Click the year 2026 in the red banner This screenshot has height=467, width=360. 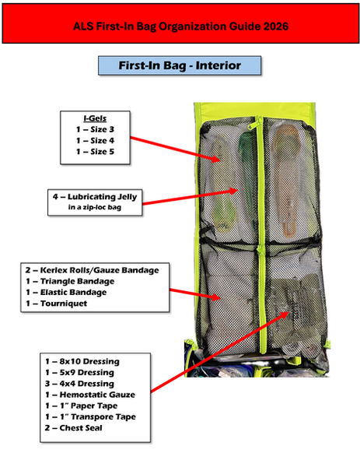coord(276,26)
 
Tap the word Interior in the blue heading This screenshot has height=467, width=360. coord(218,65)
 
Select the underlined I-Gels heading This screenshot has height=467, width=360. coord(95,118)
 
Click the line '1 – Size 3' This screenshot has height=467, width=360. coord(95,129)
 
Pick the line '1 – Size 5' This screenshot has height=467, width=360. coord(95,152)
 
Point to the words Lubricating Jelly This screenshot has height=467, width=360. coord(103,197)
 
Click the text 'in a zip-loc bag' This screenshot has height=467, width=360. coord(95,207)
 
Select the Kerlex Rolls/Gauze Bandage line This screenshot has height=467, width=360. coord(92,270)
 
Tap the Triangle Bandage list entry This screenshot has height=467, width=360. coord(70,281)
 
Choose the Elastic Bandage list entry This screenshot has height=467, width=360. coord(66,292)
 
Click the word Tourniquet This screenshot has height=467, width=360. coord(64,304)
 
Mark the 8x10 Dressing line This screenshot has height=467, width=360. coord(82,361)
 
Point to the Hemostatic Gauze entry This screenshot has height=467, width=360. coord(90,395)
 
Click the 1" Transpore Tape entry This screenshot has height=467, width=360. coord(90,416)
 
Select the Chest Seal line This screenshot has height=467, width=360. coord(74,428)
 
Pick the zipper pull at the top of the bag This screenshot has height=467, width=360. coord(252,123)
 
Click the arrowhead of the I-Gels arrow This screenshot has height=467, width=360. coord(215,159)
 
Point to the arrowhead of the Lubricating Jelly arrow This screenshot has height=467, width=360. coord(232,191)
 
